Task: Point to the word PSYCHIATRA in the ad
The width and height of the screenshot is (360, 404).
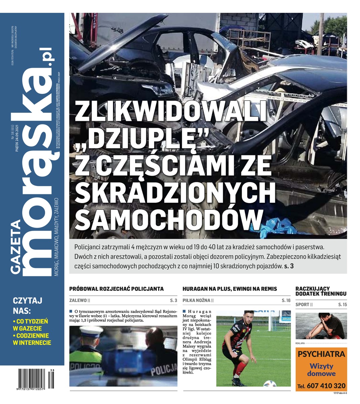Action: (x=321, y=354)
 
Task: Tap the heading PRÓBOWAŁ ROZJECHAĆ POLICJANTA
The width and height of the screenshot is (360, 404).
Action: (x=116, y=289)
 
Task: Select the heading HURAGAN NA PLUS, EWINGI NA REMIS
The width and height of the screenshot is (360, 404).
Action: (x=230, y=289)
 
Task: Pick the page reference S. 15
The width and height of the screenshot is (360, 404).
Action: (x=342, y=305)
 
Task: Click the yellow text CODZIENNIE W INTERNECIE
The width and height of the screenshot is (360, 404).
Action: (x=32, y=339)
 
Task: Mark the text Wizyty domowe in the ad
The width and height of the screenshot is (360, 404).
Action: (x=321, y=370)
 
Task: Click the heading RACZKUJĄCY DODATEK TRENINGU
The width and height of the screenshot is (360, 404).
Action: (x=320, y=291)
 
